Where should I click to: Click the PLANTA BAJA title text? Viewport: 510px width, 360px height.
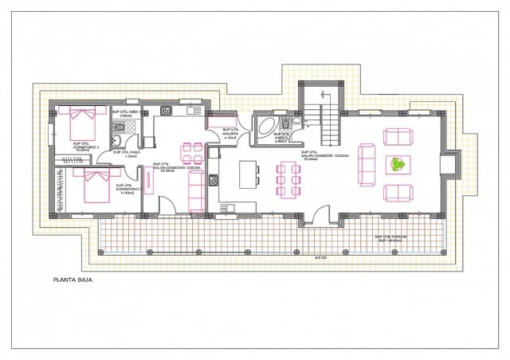(x=73, y=280)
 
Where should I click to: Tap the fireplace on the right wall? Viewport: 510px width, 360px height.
(x=451, y=164)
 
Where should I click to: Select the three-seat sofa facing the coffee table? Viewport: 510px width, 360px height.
(x=367, y=163)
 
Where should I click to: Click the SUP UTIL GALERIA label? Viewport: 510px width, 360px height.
(x=231, y=133)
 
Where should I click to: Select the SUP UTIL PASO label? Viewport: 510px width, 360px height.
(x=127, y=154)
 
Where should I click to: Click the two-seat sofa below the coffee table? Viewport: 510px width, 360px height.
(x=398, y=193)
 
